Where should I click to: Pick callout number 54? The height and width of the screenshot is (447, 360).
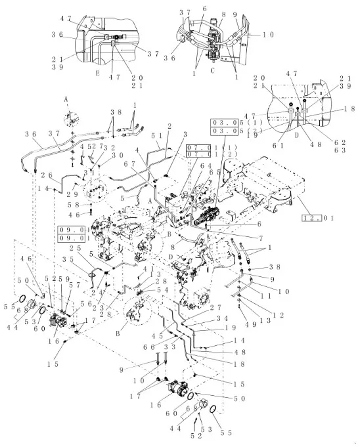point(160,289)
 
